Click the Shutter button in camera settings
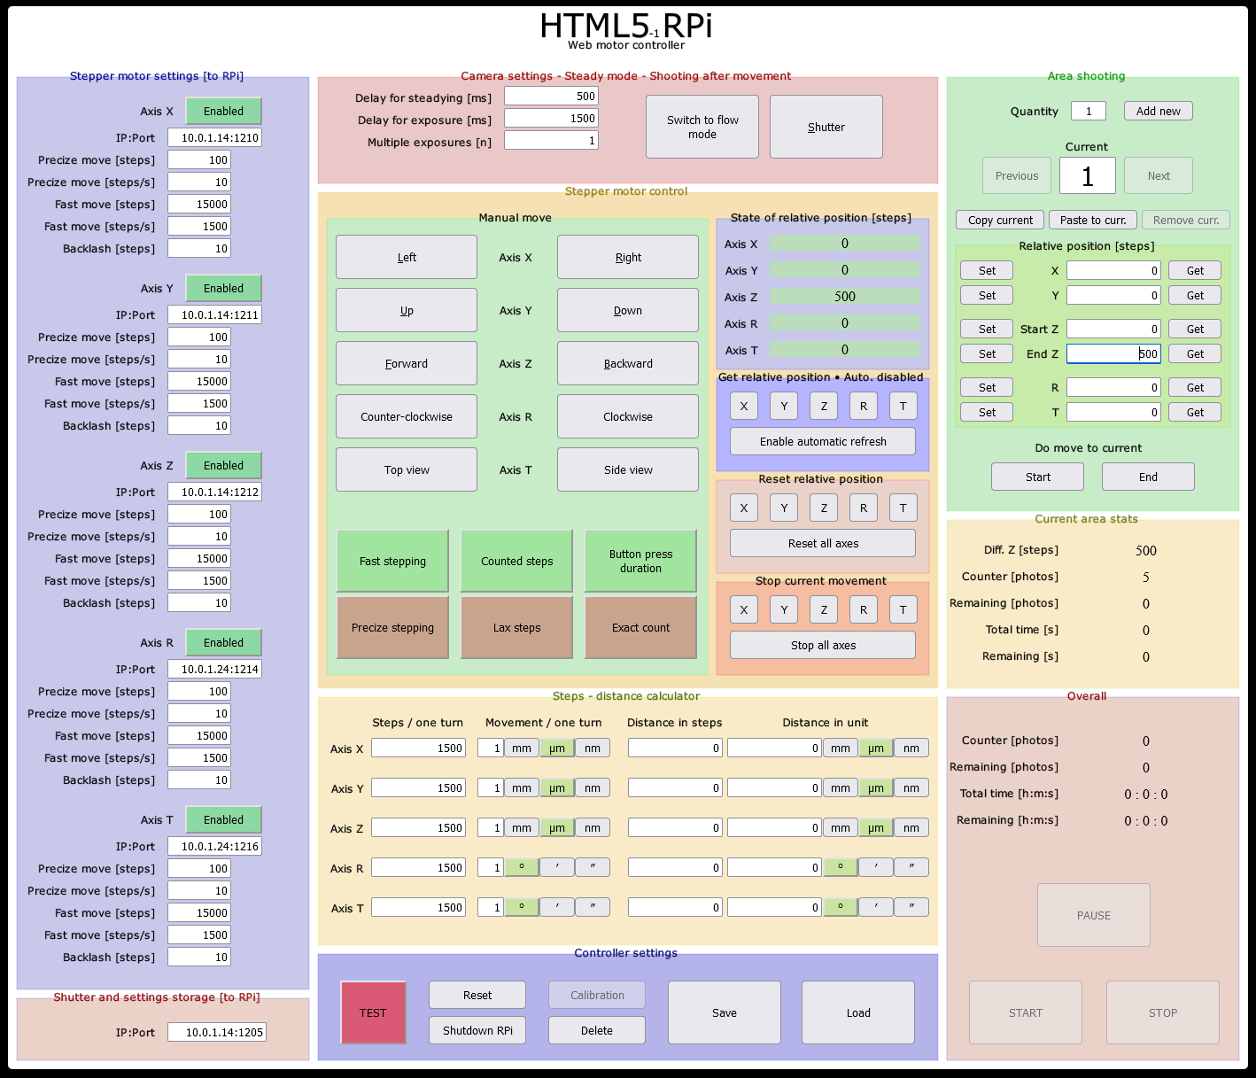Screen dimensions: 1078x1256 coord(826,127)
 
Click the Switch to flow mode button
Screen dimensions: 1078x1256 coord(702,127)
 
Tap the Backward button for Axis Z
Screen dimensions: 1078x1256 coord(627,363)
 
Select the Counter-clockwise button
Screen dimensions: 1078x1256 coord(406,416)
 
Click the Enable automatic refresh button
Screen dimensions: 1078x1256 coord(822,441)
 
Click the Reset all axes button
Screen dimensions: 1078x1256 coord(822,543)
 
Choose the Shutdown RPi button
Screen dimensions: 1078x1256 coord(477,1030)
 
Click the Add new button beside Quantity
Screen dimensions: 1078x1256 coord(1158,111)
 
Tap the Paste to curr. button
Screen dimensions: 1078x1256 coord(1092,220)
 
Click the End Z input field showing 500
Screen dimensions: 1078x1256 coord(1113,353)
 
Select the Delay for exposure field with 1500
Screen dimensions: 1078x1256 coord(551,118)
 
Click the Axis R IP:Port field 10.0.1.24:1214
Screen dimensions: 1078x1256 coord(214,669)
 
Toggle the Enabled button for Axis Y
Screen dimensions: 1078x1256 coord(223,288)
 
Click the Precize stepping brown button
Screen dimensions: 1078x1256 coord(392,627)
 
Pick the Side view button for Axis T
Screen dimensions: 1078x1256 coord(627,469)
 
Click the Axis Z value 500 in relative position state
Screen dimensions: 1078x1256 coord(844,297)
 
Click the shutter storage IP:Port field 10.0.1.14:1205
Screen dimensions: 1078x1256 coord(214,1032)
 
